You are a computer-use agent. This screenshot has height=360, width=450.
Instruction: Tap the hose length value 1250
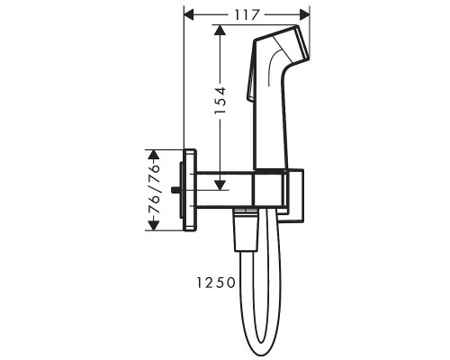tap(214, 283)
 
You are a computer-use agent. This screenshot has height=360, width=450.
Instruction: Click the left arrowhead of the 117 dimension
tap(188, 14)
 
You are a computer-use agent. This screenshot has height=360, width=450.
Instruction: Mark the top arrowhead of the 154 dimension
tap(219, 30)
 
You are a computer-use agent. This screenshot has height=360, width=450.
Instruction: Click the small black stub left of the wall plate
tap(178, 190)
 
